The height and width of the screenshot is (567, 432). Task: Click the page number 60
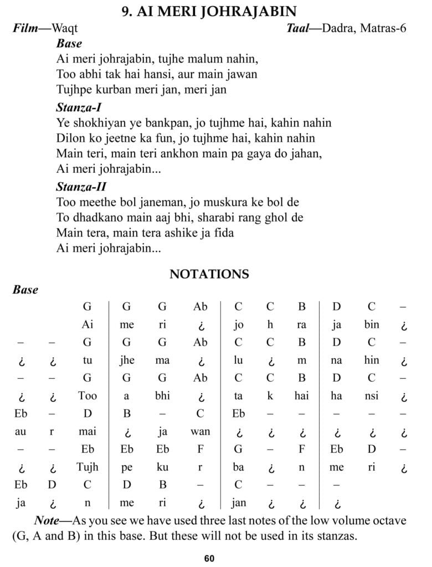[x=209, y=558]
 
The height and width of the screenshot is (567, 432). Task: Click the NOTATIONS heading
[x=209, y=274]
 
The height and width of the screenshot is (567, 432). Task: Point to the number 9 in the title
[x=126, y=11]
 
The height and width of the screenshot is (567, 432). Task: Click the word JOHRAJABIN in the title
[x=248, y=11]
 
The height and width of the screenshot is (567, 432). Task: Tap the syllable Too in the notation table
[x=88, y=396]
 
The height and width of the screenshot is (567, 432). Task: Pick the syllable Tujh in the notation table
[x=88, y=467]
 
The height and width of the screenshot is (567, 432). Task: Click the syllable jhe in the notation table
[x=127, y=360]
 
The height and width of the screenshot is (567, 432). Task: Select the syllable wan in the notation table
[x=200, y=431]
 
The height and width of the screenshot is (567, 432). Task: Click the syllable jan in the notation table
[x=239, y=502]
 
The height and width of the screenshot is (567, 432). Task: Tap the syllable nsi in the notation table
[x=372, y=396]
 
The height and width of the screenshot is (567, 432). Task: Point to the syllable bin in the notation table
[x=372, y=325]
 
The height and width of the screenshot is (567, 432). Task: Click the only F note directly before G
[x=200, y=449]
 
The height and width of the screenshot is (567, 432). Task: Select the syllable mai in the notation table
[x=88, y=431]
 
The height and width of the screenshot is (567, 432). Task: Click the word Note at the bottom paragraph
[x=47, y=520]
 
